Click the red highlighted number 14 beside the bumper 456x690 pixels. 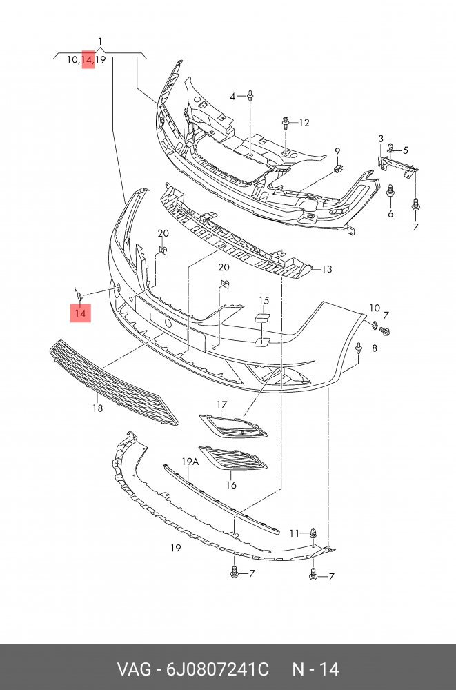[81, 314]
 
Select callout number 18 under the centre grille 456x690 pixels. [98, 408]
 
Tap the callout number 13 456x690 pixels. [326, 269]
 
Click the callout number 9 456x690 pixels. [338, 151]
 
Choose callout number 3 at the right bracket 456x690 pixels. [380, 140]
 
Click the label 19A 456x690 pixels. [190, 462]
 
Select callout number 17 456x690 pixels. [221, 404]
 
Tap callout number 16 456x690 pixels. [231, 485]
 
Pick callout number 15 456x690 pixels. [264, 300]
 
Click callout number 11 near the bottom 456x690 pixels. [294, 533]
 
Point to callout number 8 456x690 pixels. [375, 349]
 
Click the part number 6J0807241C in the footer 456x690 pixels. [216, 669]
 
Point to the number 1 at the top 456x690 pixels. [101, 41]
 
